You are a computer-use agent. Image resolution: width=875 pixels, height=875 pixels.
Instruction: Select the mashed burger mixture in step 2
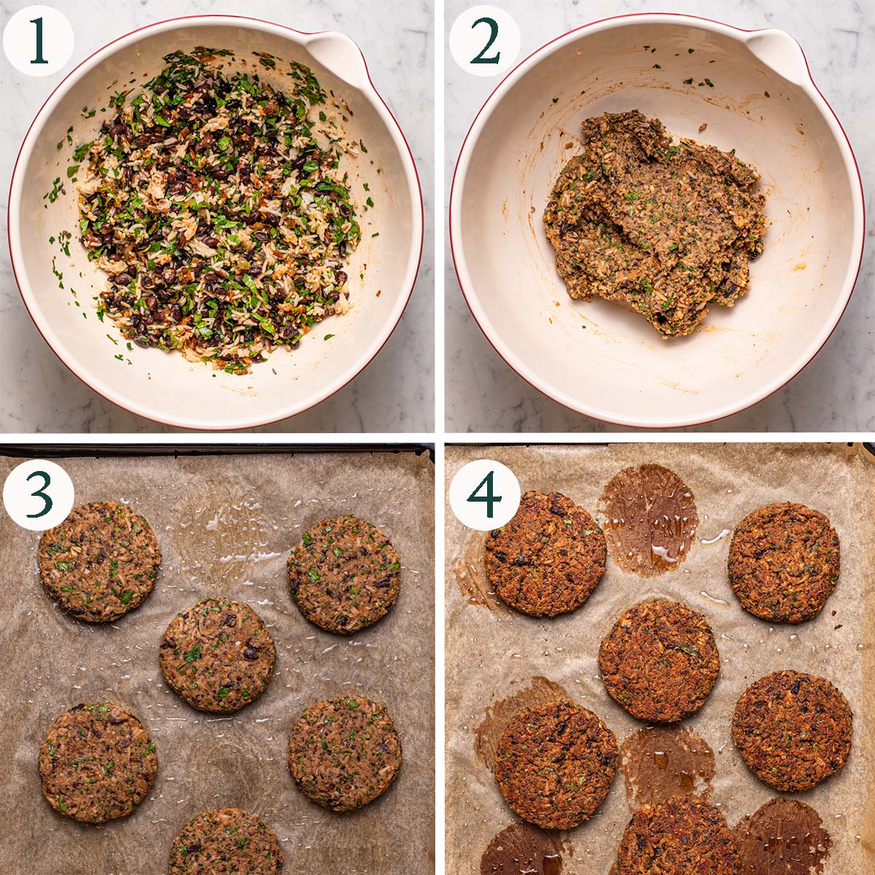point(653,226)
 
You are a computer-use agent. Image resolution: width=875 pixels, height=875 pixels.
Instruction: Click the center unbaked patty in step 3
point(217,655)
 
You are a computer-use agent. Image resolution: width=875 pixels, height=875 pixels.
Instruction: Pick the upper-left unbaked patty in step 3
point(99,561)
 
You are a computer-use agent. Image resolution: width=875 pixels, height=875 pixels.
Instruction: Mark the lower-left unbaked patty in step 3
point(97,762)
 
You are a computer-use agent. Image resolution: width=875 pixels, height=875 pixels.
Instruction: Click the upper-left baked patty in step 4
point(545,554)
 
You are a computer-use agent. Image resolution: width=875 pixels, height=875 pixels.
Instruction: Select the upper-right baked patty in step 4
point(784,562)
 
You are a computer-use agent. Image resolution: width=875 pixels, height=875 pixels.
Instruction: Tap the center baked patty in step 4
point(658,661)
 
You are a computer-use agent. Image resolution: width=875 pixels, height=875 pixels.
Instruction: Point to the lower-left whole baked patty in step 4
point(556,766)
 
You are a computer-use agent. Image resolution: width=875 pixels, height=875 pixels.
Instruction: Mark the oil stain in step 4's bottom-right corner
point(784,839)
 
